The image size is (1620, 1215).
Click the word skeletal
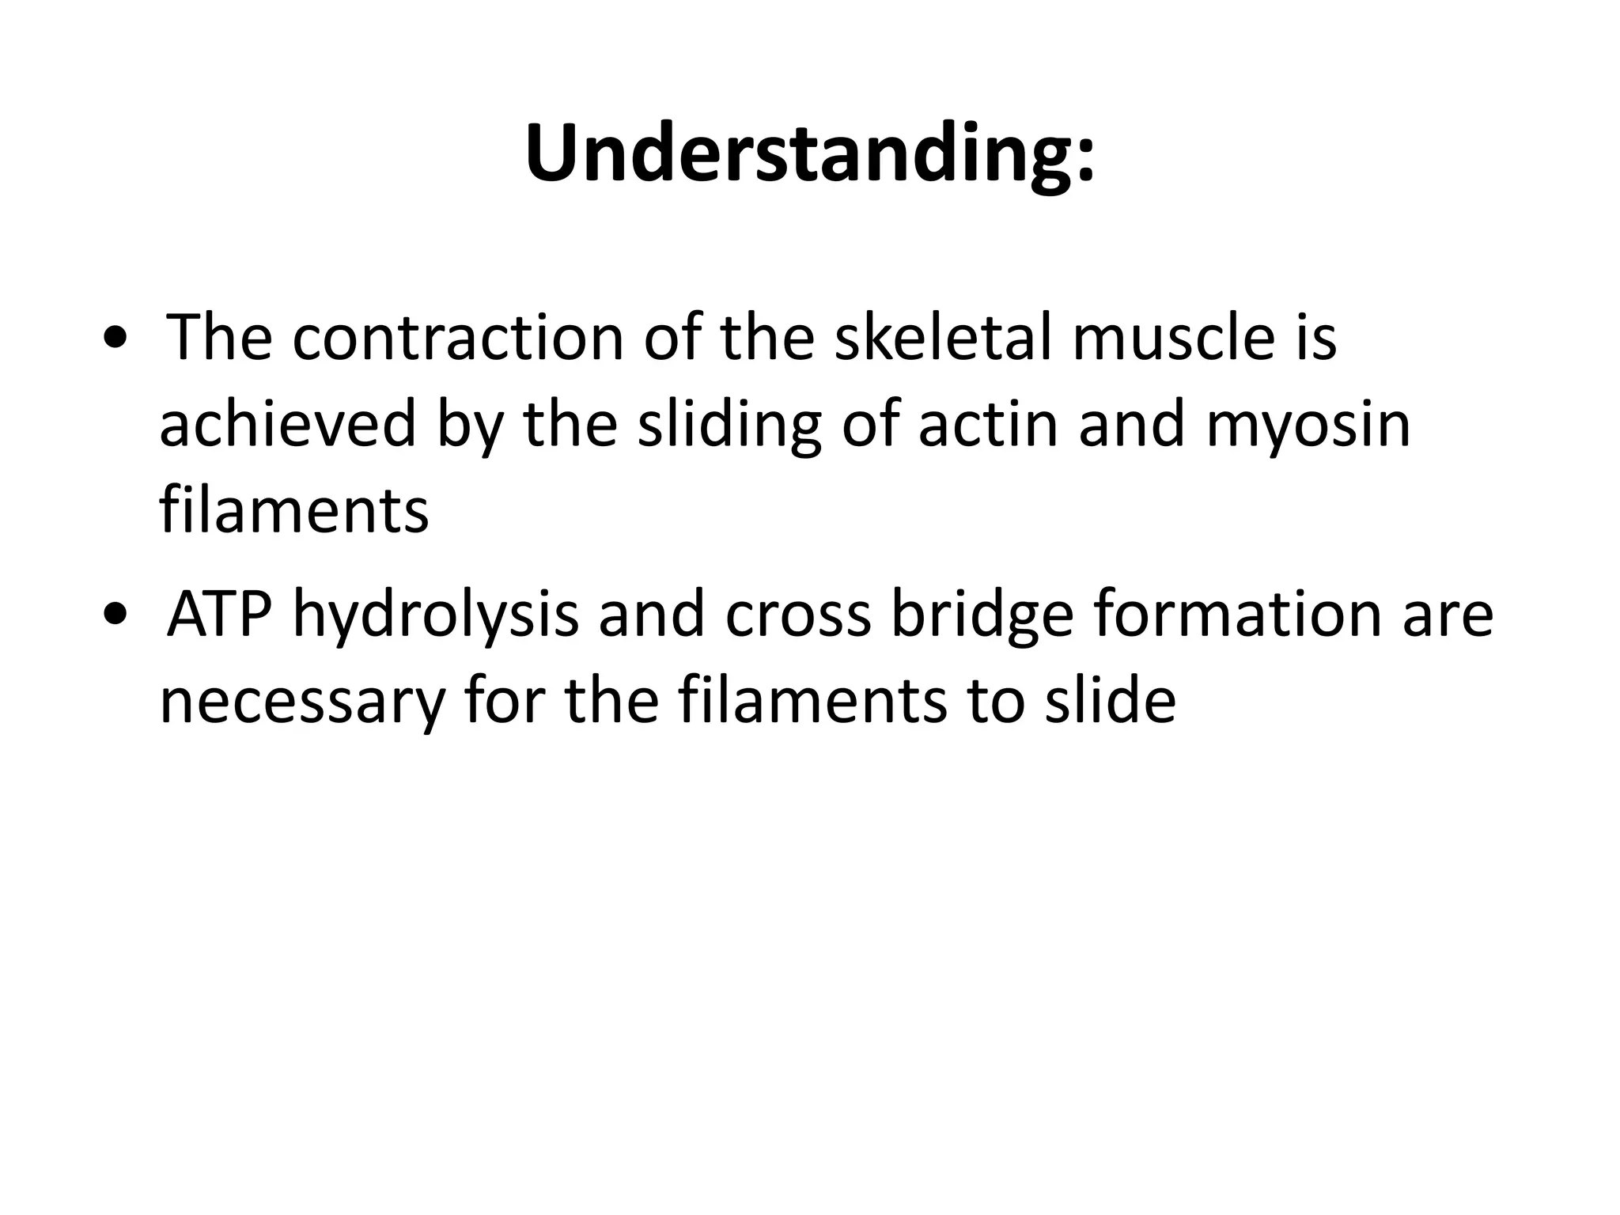coord(943,339)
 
